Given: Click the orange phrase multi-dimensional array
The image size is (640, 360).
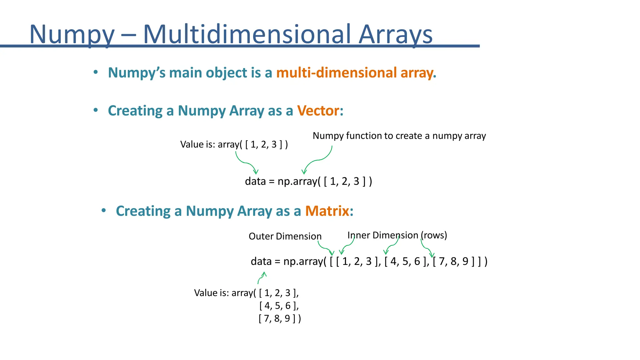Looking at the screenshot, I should [x=356, y=72].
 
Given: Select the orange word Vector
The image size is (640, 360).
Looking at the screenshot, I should [x=318, y=111].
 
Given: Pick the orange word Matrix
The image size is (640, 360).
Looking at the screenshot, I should [x=327, y=211].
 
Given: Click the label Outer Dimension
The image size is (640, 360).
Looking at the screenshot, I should [x=285, y=236].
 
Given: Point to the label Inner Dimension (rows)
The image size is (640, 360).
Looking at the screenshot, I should [x=397, y=235].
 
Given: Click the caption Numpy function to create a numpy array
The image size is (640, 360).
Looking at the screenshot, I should [x=399, y=136].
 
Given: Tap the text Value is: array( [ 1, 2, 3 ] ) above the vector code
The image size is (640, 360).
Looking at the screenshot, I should [x=234, y=144].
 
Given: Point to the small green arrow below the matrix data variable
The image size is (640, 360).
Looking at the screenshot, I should [x=262, y=277].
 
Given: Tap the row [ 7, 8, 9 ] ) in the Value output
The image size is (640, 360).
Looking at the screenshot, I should [x=280, y=318].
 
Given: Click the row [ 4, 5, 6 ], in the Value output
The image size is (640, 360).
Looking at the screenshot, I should [x=279, y=306].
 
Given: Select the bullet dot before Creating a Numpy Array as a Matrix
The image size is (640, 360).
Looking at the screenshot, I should [x=104, y=211].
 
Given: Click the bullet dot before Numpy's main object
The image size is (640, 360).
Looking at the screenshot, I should [x=96, y=72].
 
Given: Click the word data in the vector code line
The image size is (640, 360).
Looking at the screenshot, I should [x=255, y=181].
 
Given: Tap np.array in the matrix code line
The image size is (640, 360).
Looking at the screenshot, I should [x=303, y=261].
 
